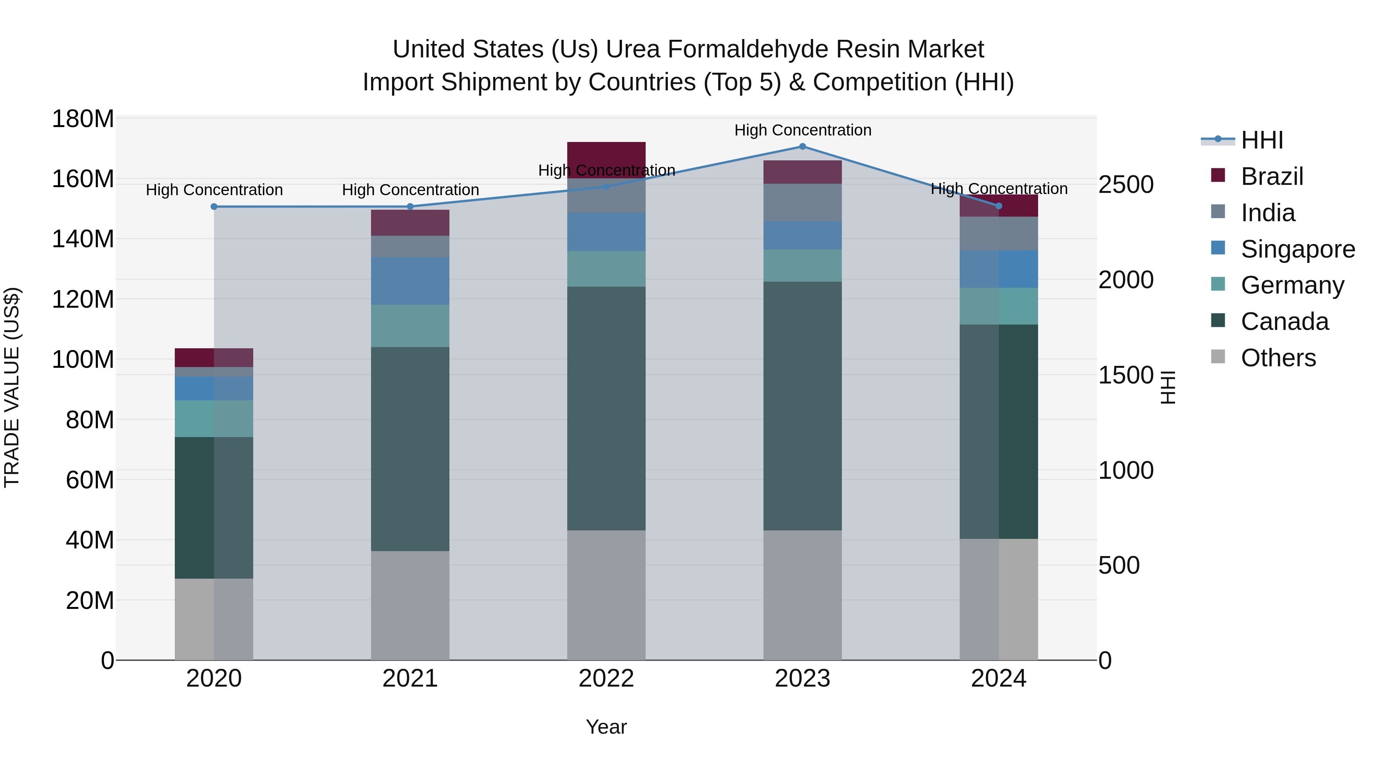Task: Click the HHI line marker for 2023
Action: tap(802, 147)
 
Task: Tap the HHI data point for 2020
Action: tap(214, 206)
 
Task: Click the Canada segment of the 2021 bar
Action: tap(410, 449)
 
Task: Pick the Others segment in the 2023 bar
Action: tap(802, 595)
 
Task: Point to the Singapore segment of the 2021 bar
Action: tap(410, 281)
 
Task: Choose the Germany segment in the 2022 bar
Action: tap(606, 269)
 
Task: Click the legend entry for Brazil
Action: tap(1272, 176)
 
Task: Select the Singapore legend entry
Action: tap(1297, 249)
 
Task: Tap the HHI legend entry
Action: tap(1261, 140)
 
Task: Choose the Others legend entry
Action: tap(1278, 358)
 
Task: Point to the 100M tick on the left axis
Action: tap(83, 359)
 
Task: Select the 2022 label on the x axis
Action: tap(606, 679)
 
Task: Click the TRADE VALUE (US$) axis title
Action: tap(12, 387)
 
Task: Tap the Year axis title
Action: tap(606, 727)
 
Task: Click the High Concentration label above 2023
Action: tap(802, 130)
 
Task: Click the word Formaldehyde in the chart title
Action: tap(749, 49)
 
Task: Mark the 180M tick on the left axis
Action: tap(83, 119)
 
